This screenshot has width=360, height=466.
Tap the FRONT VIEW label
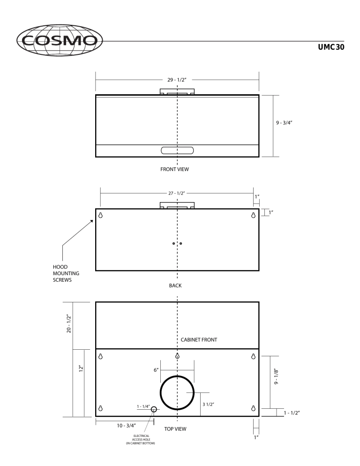click(174, 169)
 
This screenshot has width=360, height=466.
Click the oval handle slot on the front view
click(177, 150)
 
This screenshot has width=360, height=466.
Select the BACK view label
click(175, 285)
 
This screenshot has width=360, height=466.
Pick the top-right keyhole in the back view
click(254, 215)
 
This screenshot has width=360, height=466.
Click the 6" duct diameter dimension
click(156, 370)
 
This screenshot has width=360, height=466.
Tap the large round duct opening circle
click(177, 392)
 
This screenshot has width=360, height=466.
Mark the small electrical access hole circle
click(154, 409)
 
